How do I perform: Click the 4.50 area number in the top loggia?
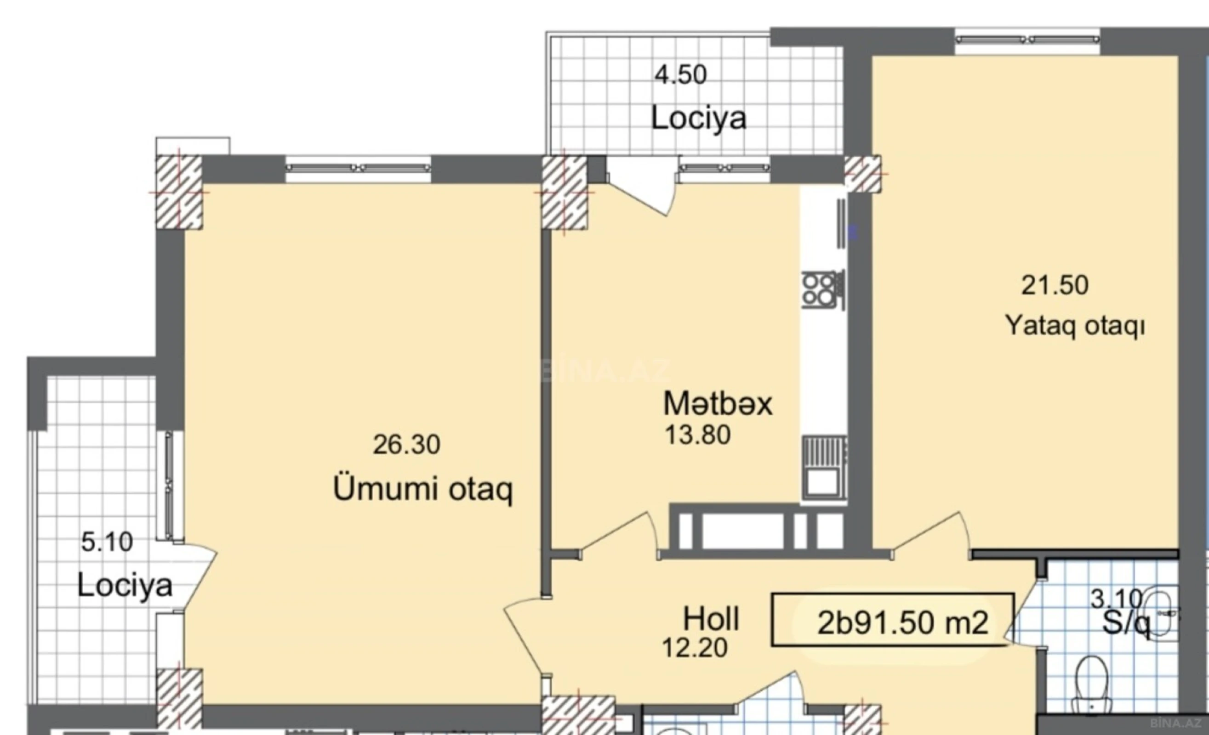pyautogui.click(x=680, y=75)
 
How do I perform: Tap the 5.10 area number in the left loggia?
pyautogui.click(x=107, y=542)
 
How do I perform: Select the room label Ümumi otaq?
pyautogui.click(x=422, y=489)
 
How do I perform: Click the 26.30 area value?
pyautogui.click(x=406, y=445)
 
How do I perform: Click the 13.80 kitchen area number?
pyautogui.click(x=697, y=435)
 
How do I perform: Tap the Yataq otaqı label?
pyautogui.click(x=1075, y=326)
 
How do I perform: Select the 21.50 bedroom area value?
pyautogui.click(x=1055, y=285)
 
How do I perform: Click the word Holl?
pyautogui.click(x=711, y=619)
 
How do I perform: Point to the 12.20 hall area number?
pyautogui.click(x=694, y=648)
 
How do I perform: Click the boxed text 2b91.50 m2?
pyautogui.click(x=902, y=623)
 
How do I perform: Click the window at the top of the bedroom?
pyautogui.click(x=1027, y=39)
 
